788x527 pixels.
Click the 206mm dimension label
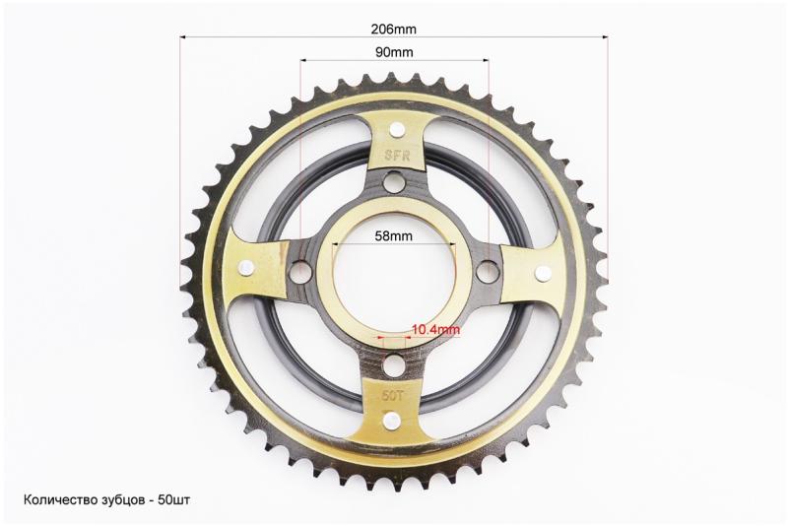click(393, 30)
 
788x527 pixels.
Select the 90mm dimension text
click(394, 52)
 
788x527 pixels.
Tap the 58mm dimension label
click(393, 235)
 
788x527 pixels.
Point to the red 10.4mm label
click(435, 330)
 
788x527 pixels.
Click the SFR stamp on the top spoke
click(397, 156)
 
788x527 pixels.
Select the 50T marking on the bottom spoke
click(392, 396)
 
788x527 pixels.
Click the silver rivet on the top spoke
click(397, 130)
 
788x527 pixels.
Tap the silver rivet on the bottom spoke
click(391, 420)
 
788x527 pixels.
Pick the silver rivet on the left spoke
click(247, 269)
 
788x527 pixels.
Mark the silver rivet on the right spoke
click(543, 273)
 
